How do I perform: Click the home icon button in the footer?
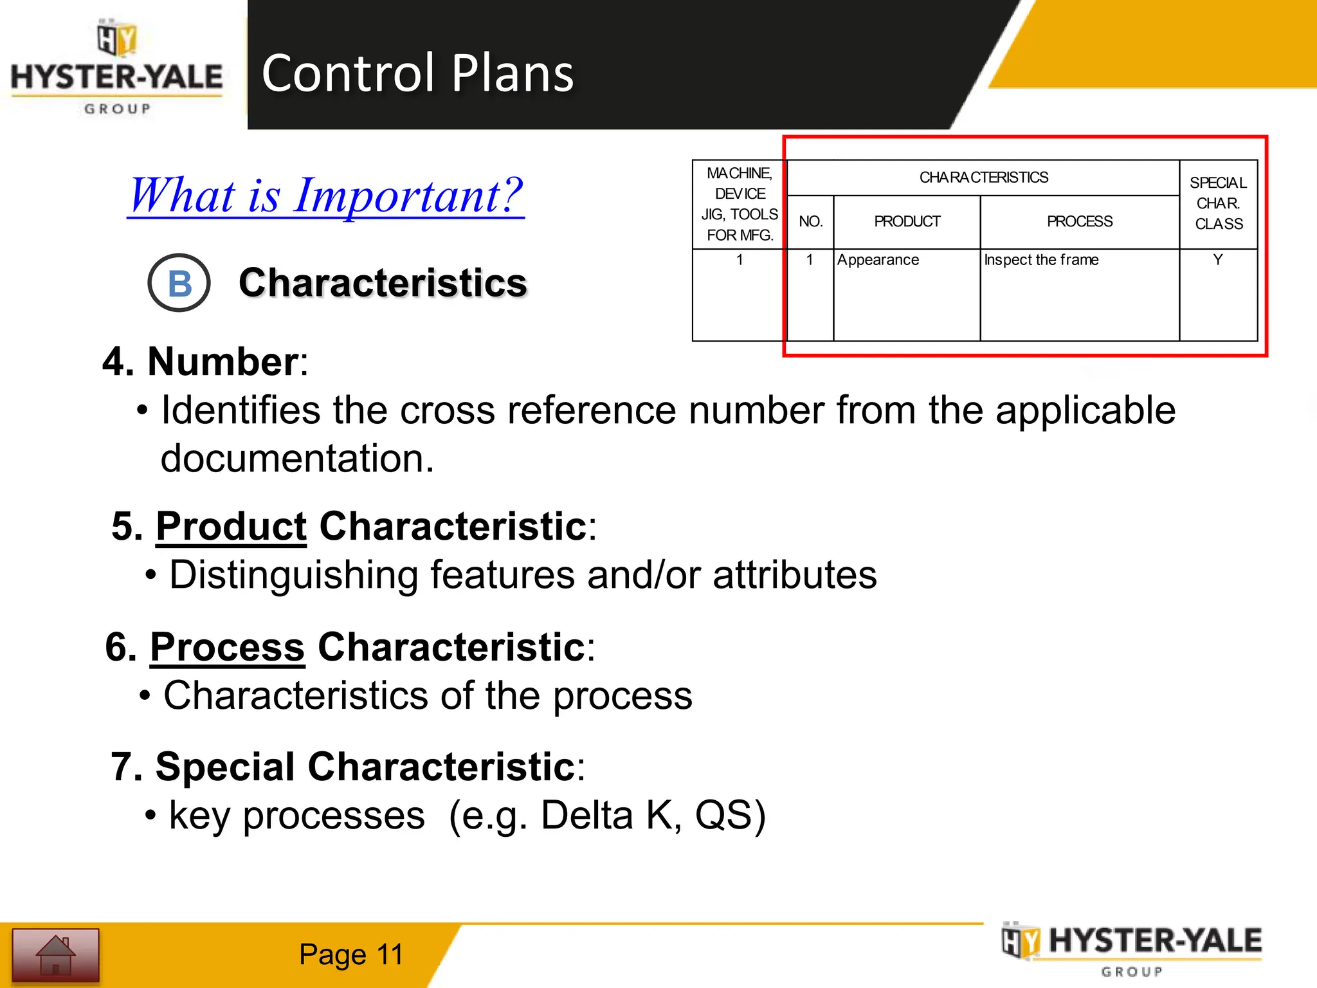56,955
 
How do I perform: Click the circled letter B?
179,283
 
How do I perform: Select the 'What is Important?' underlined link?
326,196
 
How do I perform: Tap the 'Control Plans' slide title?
417,73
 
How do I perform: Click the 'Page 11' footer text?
351,955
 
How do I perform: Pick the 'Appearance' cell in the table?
878,260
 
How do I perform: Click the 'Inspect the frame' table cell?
1041,260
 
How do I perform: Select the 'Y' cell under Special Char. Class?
1217,260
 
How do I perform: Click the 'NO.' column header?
810,222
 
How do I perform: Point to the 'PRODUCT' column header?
907,222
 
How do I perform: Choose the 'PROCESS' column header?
1079,222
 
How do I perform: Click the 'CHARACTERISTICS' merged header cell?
983,178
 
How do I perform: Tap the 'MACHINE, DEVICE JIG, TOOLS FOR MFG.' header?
740,204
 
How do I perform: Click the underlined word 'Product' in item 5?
231,526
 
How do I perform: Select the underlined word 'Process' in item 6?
227,646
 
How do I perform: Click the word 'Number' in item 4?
223,361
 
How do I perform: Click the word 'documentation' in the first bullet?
296,459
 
